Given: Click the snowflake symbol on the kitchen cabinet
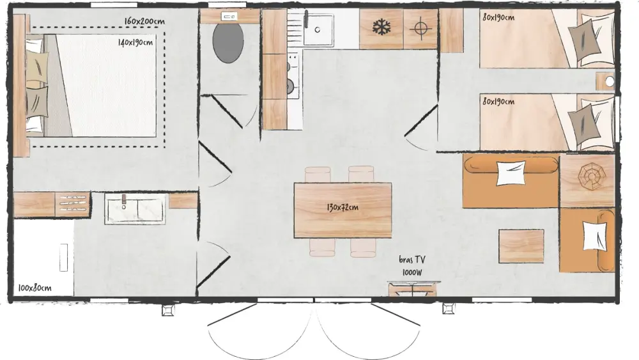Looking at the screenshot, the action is click(381, 27).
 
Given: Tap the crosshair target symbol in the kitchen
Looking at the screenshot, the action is click(420, 28).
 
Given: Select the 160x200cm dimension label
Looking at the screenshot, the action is click(144, 21).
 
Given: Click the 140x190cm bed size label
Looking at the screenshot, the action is click(135, 42).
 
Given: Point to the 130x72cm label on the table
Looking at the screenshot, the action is click(343, 207).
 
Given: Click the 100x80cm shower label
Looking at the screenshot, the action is click(35, 288).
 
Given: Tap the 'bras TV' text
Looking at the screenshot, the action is click(412, 260).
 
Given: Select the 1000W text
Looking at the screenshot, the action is click(412, 272).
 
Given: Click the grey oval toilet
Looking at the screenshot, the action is click(228, 43).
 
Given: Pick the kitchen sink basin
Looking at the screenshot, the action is click(318, 30).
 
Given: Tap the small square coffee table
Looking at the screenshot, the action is click(521, 246).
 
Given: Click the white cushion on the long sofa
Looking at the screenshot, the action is click(511, 173).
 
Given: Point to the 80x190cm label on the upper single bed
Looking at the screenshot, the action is click(498, 17).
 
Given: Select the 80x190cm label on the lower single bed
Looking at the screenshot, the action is click(498, 101).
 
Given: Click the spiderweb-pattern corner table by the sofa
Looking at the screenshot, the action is click(587, 180).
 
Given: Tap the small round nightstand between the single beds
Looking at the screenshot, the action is click(605, 82).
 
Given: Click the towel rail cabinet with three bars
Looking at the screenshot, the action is click(73, 204).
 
